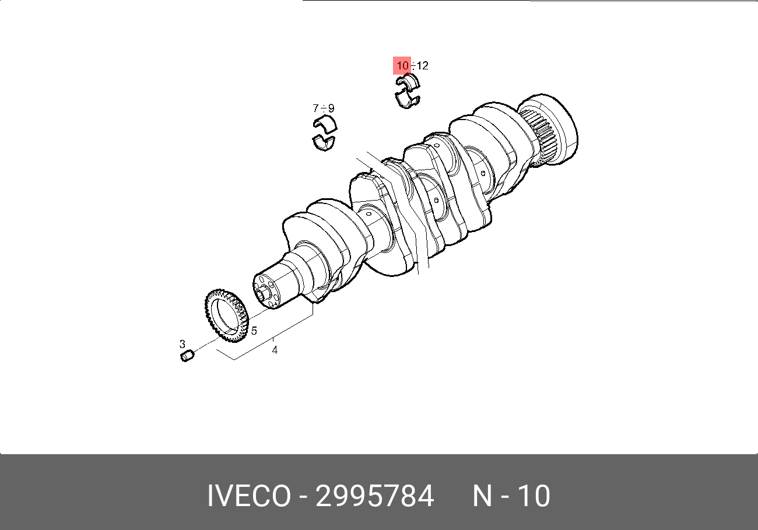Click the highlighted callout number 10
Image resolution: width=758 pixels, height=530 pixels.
pos(402,65)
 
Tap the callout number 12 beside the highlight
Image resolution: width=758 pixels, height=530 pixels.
pos(422,65)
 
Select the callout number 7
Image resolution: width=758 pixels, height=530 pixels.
pos(315,108)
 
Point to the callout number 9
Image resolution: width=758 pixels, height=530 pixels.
pos(331,108)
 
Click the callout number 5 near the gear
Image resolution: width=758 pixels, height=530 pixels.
pos(254,331)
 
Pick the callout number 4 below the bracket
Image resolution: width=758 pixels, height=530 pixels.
pos(275,350)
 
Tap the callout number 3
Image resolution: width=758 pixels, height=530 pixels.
pos(183,344)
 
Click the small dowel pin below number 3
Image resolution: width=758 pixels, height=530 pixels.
pos(187,356)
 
